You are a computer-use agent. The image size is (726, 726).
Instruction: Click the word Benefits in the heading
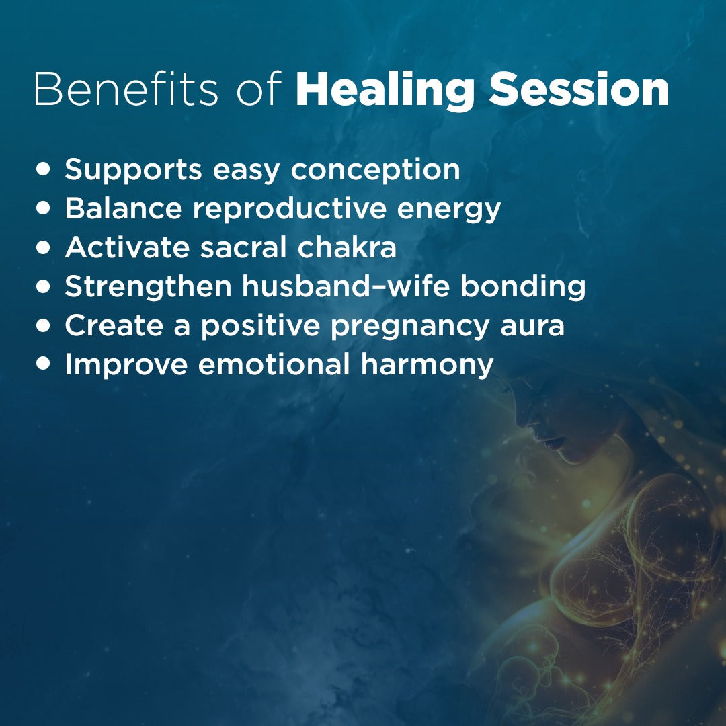pos(126,89)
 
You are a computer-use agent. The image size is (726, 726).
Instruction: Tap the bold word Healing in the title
pos(385,91)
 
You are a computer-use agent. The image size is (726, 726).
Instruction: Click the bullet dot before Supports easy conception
pos(43,169)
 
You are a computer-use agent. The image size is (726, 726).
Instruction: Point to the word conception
pos(376,170)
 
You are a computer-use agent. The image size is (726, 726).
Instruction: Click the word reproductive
pos(290,209)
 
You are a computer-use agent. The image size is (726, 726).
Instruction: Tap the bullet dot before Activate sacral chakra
pos(43,247)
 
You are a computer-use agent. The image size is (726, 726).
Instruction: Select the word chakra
pos(347,247)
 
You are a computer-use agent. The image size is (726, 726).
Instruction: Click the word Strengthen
pos(148,287)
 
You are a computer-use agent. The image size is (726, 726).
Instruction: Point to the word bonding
pos(523,287)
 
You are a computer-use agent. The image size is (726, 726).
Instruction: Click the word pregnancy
pos(410,326)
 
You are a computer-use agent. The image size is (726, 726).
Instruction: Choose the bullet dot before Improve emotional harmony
pos(43,364)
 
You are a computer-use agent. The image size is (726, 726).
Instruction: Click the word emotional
pos(274,364)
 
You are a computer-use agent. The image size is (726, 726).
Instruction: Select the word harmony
pos(427,365)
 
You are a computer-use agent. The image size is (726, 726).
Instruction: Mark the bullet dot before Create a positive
pos(43,325)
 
